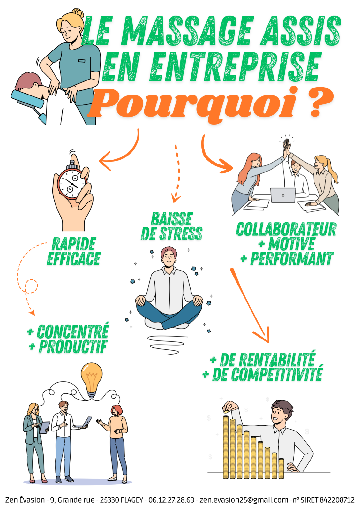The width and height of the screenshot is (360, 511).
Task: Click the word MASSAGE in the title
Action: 187,31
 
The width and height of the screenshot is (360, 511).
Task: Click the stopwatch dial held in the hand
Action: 72,183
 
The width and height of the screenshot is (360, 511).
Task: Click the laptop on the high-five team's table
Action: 283,195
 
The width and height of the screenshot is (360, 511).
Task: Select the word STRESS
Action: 181,233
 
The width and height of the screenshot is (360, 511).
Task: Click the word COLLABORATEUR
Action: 286,229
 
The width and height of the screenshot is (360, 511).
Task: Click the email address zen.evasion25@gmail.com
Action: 244,500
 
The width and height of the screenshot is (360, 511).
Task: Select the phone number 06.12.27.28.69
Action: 171,500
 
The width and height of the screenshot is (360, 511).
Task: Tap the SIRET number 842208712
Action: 337,500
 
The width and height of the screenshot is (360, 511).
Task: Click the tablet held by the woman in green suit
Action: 45,428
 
